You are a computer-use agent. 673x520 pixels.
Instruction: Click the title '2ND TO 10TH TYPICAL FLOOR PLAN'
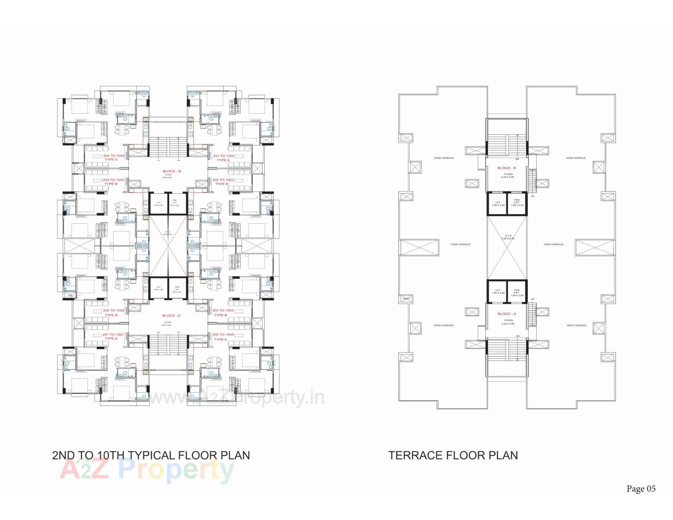coord(151,455)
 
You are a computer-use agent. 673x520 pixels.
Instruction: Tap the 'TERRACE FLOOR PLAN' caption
coord(453,455)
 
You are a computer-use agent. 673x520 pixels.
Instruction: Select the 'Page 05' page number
coord(641,488)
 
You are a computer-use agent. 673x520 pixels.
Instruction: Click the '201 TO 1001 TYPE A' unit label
coord(113,337)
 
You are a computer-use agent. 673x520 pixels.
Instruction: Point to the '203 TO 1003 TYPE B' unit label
coord(223,313)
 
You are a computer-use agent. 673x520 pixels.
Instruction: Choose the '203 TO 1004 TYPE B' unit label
coord(113,182)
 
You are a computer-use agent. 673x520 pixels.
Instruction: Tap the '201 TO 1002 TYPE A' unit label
coord(223,158)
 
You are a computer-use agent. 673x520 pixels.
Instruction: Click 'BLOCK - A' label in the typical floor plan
coord(171,316)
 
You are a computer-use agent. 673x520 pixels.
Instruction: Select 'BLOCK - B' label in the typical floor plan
coord(172,171)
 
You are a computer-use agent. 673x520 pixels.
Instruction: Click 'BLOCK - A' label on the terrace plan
coord(507,314)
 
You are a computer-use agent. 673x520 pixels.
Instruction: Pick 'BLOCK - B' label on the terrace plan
coord(507,168)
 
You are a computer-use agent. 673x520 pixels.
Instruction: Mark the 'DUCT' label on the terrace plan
coord(407,299)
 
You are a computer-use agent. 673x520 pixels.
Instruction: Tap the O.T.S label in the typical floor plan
coord(168,233)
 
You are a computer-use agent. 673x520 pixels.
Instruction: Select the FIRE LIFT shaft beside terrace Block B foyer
coord(517,203)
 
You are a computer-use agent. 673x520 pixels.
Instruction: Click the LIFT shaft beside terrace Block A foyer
coord(498,291)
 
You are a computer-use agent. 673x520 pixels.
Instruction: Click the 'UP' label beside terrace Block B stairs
coord(533,196)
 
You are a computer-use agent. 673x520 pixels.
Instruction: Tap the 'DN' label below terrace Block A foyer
coord(518,336)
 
